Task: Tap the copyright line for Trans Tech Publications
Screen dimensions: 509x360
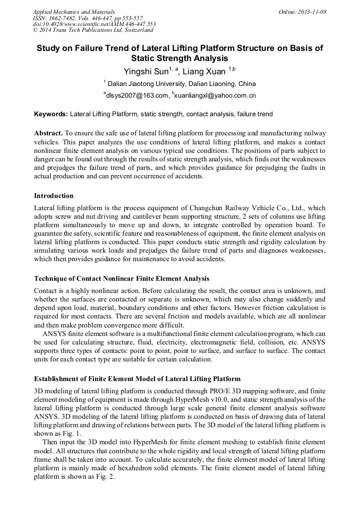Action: pos(93,30)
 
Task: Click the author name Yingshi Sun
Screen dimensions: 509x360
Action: pos(145,71)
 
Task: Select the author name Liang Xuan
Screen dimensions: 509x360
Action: pos(204,71)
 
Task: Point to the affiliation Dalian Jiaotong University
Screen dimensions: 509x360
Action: pos(146,84)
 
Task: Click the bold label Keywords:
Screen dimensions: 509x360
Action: pos(51,114)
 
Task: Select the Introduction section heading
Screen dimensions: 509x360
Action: pos(54,196)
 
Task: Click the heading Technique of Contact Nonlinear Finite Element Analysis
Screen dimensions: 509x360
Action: pos(122,278)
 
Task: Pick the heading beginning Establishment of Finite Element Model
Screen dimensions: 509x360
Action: pos(137,379)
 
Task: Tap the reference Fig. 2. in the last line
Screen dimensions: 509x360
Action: pos(112,477)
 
